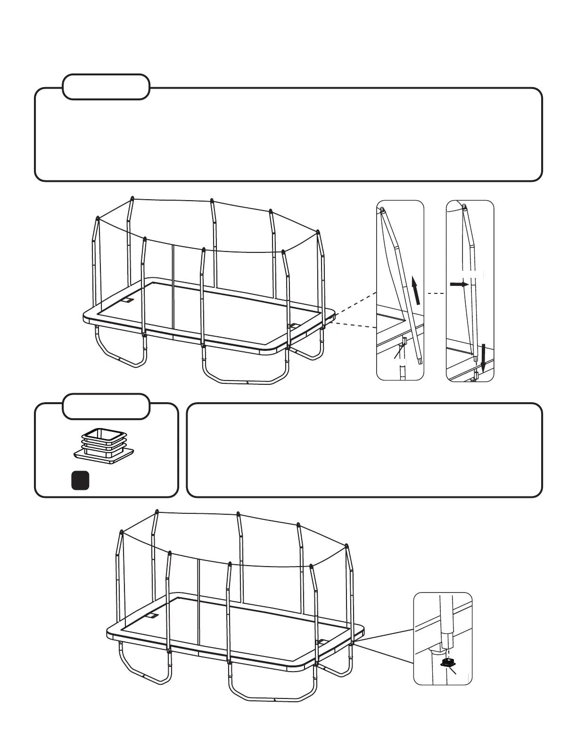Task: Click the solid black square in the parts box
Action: [x=80, y=480]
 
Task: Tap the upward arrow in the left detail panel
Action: [x=415, y=291]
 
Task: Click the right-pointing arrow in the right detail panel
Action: [x=459, y=284]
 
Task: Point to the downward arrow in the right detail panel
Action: [x=482, y=357]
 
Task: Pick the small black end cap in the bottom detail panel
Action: [x=447, y=663]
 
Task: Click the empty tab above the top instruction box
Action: [x=106, y=87]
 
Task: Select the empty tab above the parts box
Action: [x=106, y=406]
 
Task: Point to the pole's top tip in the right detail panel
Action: [x=465, y=206]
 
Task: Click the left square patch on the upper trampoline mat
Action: [x=128, y=300]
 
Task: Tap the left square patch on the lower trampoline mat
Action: [x=152, y=616]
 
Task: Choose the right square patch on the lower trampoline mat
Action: [x=322, y=641]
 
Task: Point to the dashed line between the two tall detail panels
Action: [x=435, y=293]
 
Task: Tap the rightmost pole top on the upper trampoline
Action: [x=318, y=232]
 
